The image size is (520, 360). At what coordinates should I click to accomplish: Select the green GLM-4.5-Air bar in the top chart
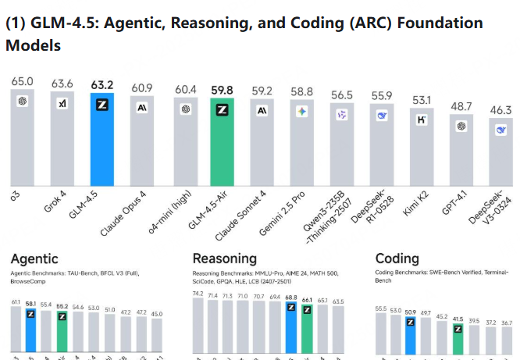tap(223, 144)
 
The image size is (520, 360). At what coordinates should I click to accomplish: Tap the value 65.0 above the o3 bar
tap(22, 80)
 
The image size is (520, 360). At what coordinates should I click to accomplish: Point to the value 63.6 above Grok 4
tap(62, 84)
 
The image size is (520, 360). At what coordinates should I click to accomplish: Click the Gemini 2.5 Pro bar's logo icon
tap(302, 112)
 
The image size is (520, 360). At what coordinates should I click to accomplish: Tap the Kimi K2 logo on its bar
tap(422, 119)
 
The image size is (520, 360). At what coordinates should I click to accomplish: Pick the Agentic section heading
tap(34, 258)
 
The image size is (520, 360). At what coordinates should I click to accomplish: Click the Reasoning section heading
tap(224, 258)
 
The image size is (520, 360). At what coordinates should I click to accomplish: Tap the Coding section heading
tap(397, 258)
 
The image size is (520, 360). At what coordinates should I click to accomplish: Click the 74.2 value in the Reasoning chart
tap(198, 294)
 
